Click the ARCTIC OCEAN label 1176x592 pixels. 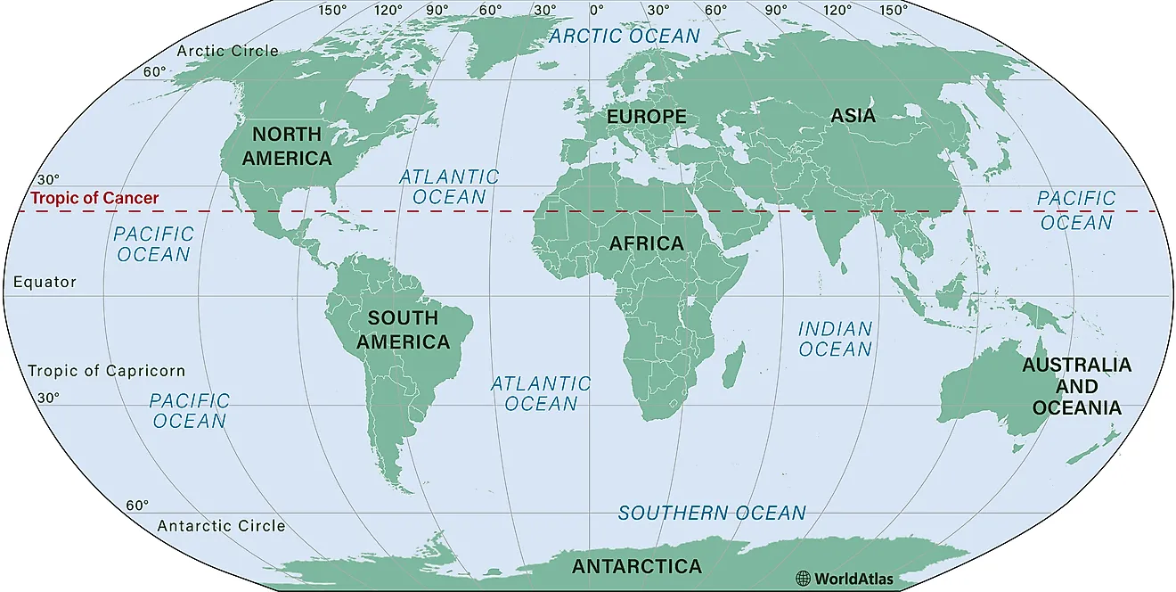coord(625,36)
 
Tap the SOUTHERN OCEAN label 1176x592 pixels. coord(712,514)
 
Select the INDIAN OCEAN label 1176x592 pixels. coord(835,339)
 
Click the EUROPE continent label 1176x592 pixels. coord(646,117)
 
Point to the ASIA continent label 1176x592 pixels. coord(853,116)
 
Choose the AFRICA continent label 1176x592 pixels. coord(647,243)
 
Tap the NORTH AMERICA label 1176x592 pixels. coord(287,146)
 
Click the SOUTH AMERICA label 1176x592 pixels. coord(404,330)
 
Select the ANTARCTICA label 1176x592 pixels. coord(636,566)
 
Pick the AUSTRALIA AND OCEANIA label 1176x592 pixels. coord(1076,386)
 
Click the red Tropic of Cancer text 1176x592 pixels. coord(94,199)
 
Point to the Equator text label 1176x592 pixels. coord(45,282)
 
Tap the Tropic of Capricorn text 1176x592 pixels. coord(106,371)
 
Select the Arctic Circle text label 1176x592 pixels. coord(227,51)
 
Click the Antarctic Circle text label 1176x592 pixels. coord(221,526)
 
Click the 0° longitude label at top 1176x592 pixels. coord(596,10)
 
